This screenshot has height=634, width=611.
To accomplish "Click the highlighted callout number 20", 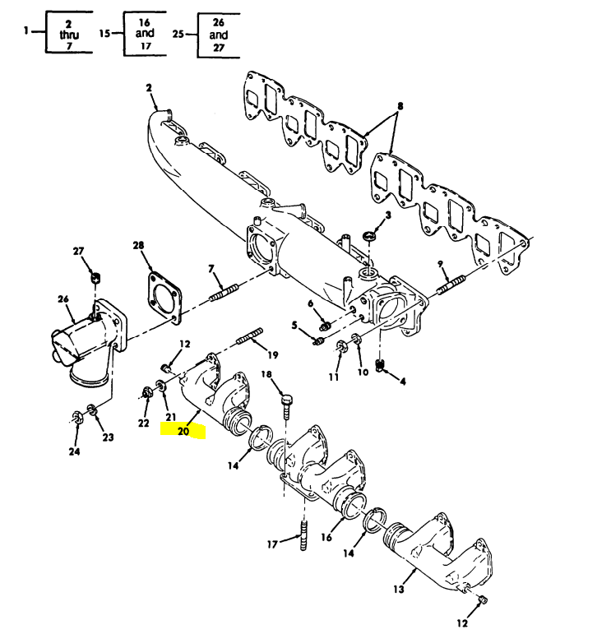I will pyautogui.click(x=183, y=429).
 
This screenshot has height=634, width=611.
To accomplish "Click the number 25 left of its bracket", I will pyautogui.click(x=178, y=34).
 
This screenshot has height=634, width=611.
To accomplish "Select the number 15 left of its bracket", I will pyautogui.click(x=104, y=34).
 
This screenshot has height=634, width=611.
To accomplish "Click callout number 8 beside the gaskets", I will pyautogui.click(x=400, y=106).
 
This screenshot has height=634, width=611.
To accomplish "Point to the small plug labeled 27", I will pyautogui.click(x=95, y=275).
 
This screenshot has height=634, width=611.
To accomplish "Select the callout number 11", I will pyautogui.click(x=334, y=377).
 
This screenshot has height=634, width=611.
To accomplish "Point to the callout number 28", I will pyautogui.click(x=138, y=245).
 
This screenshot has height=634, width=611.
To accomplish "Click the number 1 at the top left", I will pyautogui.click(x=26, y=31).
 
